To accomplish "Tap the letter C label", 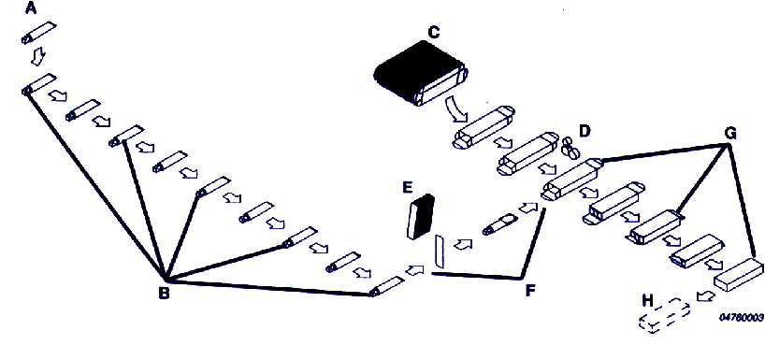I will click(432, 33).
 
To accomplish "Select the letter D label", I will click(585, 129).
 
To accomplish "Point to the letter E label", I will click(408, 187).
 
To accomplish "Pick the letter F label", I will click(530, 291).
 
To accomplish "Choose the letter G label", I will click(729, 133).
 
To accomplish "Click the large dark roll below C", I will click(419, 75).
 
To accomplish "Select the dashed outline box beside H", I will click(662, 322).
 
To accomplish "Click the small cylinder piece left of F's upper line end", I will click(499, 224).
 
